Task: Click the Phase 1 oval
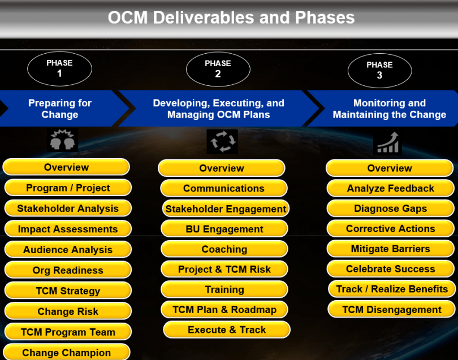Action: coord(59,68)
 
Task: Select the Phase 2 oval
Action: coord(218,69)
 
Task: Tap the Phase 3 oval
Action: coord(379,70)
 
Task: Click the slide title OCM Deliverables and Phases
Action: coord(231,18)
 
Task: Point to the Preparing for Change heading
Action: coord(60,109)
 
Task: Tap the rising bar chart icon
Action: coord(387,142)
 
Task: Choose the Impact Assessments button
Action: coord(68,229)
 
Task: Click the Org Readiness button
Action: coord(68,270)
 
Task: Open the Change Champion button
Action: coord(67,353)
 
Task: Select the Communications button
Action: coord(224,188)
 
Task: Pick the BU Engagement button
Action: coord(224,229)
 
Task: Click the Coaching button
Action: coord(224,249)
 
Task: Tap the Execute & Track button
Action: coord(227,329)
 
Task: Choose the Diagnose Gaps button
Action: coord(390,209)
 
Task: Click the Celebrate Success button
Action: coord(390,269)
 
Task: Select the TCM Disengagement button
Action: coord(391,309)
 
